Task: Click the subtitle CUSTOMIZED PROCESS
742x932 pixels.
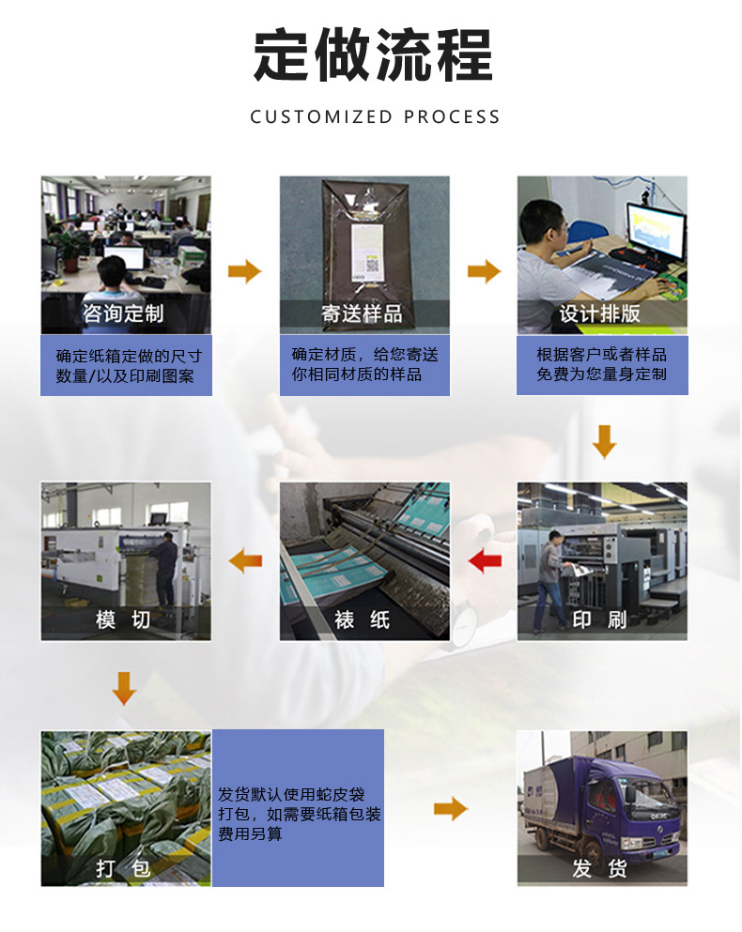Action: (x=375, y=117)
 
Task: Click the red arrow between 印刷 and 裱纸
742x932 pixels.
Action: (x=485, y=562)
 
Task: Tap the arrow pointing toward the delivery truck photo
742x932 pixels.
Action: (x=451, y=809)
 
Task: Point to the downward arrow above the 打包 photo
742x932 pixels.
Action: (x=123, y=688)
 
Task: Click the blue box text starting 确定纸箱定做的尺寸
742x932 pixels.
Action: (x=128, y=366)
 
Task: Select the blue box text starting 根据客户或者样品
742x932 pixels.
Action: (x=601, y=364)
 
